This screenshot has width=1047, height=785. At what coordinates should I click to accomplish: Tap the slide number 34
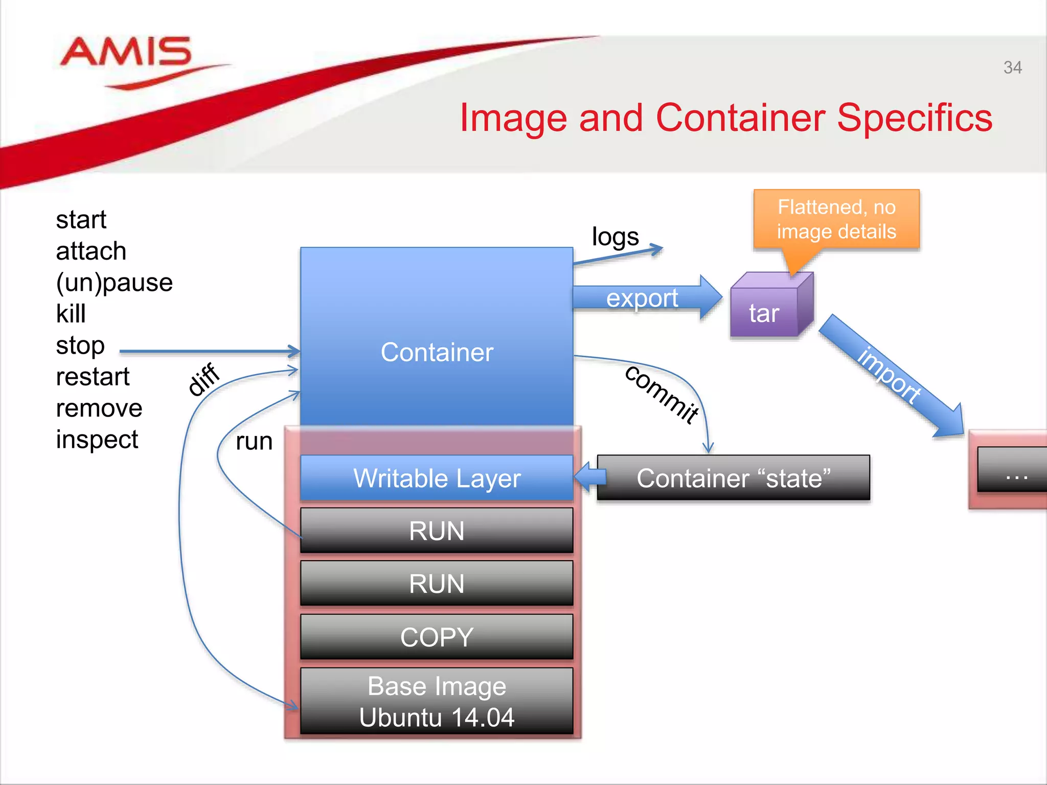tap(1012, 67)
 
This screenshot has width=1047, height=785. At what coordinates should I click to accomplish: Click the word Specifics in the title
tap(915, 118)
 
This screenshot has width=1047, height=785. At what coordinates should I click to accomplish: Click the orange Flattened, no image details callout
tap(836, 220)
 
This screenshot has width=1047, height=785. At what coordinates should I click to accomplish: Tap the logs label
tap(615, 237)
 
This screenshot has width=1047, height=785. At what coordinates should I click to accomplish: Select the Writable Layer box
tap(437, 478)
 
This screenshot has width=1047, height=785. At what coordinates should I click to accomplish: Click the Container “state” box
tap(733, 478)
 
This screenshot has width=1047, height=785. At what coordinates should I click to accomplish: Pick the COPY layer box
tap(437, 637)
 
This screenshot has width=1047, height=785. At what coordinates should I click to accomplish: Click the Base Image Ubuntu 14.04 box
tap(437, 701)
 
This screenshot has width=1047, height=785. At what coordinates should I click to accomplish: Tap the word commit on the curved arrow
tap(662, 394)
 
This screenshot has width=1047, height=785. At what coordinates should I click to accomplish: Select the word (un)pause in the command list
tap(114, 283)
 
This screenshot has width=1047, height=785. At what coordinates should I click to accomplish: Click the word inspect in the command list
tap(97, 440)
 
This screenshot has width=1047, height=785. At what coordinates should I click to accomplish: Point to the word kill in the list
tap(71, 314)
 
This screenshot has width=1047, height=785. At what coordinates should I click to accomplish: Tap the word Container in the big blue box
tap(437, 352)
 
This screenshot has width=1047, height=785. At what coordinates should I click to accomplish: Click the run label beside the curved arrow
tap(254, 442)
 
